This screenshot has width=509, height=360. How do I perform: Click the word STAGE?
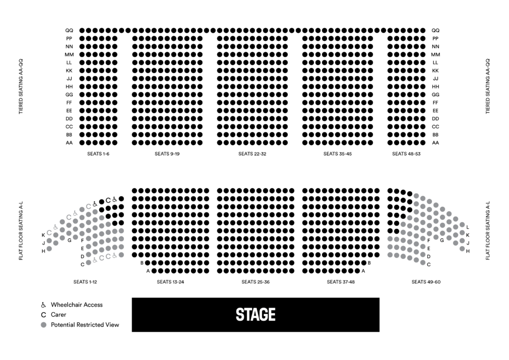tap(255, 315)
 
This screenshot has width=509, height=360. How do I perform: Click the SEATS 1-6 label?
tap(98, 154)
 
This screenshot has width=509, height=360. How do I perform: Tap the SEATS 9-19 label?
tap(167, 154)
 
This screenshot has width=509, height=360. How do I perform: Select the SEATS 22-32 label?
tap(252, 154)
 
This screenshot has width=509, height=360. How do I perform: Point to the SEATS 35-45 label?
tap(338, 154)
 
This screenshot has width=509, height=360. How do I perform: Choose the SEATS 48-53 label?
tap(406, 154)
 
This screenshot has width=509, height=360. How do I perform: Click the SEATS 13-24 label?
tap(170, 282)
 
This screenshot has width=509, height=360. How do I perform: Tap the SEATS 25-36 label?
tap(255, 282)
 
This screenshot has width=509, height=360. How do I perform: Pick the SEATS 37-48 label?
tap(340, 282)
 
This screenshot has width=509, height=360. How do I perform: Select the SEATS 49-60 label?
tap(426, 282)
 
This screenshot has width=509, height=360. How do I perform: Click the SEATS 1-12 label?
tap(85, 282)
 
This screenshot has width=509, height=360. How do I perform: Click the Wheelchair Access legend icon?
tap(44, 305)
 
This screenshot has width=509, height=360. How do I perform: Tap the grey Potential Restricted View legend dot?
tap(44, 325)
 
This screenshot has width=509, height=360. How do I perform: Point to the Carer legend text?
tap(59, 315)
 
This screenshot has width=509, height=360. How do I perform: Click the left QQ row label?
tap(69, 30)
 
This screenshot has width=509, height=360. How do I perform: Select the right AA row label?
tap(435, 143)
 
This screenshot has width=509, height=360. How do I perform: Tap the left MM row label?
tap(69, 55)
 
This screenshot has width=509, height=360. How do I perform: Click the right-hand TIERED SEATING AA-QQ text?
tap(488, 87)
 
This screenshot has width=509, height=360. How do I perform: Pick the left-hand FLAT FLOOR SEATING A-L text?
tap(21, 231)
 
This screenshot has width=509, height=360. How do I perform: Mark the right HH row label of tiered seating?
tap(435, 87)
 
